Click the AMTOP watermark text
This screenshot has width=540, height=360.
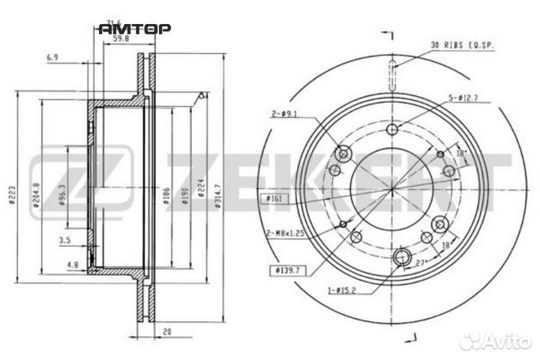[x=135, y=29]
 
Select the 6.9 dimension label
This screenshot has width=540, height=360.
[x=52, y=58]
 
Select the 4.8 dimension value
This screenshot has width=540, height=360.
[x=72, y=264]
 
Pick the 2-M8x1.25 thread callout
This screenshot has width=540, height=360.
[x=284, y=233]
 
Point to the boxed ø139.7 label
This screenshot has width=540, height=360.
[x=277, y=268]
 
